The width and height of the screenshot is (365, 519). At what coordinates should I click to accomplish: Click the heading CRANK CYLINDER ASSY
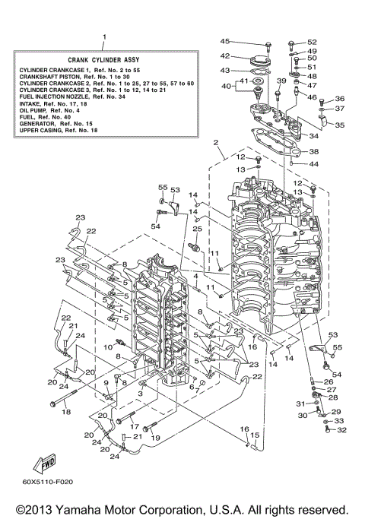(x=104, y=59)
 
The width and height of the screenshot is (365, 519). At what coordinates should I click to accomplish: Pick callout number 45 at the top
(x=224, y=41)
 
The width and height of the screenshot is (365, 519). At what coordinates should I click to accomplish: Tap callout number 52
(x=312, y=43)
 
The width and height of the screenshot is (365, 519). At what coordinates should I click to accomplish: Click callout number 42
(x=225, y=55)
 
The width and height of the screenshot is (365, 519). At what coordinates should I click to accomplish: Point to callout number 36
(x=339, y=99)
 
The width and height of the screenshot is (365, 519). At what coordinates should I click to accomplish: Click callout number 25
(x=195, y=228)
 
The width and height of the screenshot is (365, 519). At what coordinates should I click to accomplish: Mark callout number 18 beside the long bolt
(x=66, y=411)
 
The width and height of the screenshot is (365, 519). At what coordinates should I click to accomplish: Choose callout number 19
(x=155, y=438)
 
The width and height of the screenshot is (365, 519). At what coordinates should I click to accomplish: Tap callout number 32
(x=340, y=430)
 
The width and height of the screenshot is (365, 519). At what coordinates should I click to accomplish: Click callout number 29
(x=336, y=411)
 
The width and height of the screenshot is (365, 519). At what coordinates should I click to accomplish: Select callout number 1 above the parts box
(x=104, y=36)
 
